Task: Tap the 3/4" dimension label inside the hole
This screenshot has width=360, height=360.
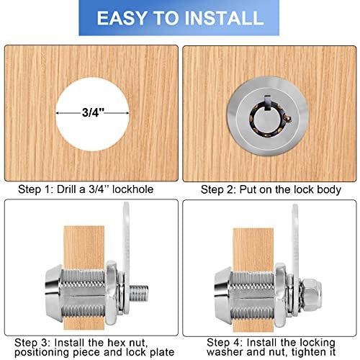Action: pos(93,112)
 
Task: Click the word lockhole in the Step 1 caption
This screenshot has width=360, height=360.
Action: pos(132,189)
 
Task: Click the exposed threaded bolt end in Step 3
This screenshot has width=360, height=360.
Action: pos(139,294)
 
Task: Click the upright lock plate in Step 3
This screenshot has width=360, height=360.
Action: pos(126,258)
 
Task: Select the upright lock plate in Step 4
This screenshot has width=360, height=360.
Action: pos(296,258)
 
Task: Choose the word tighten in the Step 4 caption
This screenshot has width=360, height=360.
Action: pos(308,352)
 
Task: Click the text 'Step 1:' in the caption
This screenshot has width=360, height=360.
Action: pos(35,189)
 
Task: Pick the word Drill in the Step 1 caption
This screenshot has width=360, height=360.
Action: pos(67,189)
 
